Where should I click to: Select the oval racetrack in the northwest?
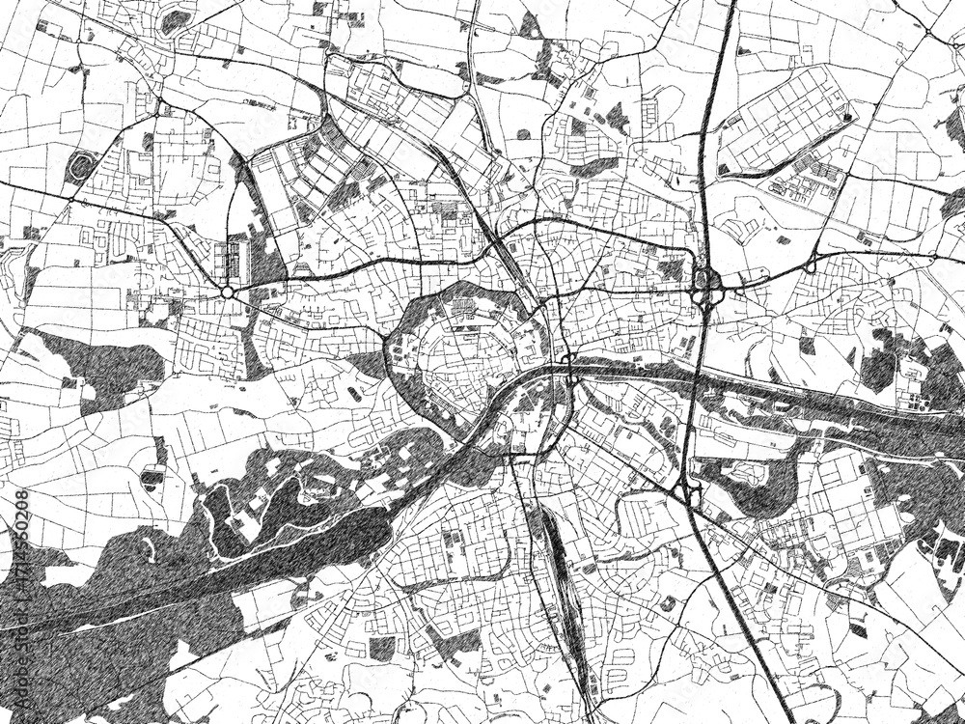point(81,167)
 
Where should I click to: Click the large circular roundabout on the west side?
point(228,292)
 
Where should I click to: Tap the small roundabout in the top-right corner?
point(928,32)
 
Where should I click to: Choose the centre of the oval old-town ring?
point(463,357)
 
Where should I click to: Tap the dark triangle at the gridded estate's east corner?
point(847,117)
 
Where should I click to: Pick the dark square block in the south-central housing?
point(382,649)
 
